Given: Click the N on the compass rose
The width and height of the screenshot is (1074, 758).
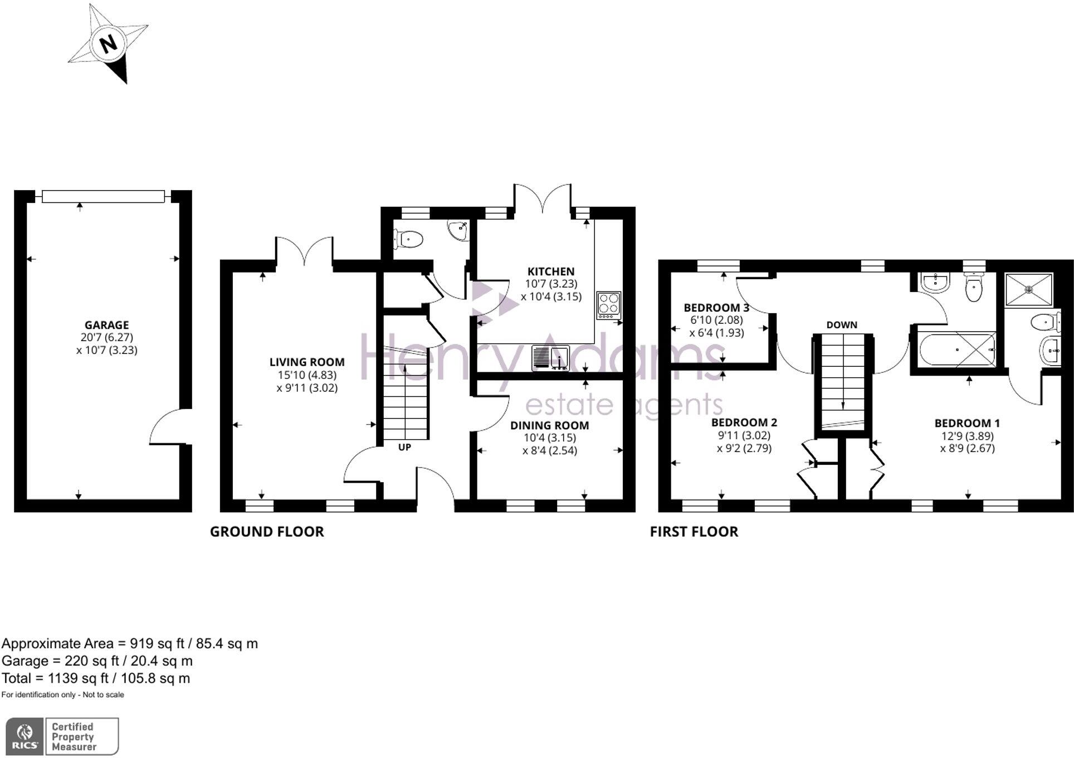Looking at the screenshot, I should coord(109,43).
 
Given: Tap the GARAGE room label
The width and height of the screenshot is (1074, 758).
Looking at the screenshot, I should coord(106,325).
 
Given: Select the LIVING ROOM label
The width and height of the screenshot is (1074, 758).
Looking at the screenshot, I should coord(307,362).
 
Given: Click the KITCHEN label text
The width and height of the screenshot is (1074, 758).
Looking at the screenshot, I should coord(551,271).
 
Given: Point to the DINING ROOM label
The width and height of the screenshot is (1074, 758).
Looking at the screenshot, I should coord(550,425).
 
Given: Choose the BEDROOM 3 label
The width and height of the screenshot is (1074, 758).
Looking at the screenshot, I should coord(716,308).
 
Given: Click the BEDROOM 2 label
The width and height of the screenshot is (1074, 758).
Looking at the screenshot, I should coord(744,422).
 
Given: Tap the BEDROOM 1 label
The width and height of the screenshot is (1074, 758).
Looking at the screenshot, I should coord(967,423).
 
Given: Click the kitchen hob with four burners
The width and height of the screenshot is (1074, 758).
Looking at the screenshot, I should coord(608,305).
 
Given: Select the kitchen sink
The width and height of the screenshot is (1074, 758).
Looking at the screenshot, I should coord(550,357).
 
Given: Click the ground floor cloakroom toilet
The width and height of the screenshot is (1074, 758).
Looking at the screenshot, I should coord(408,240).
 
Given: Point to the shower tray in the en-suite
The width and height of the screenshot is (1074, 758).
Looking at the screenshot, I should coord(1029,289).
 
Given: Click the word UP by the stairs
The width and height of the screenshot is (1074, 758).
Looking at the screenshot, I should coord(404,447).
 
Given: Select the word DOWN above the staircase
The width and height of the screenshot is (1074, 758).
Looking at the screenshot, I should coord(842,325).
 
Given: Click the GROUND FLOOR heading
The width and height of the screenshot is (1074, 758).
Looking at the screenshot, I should coord(267,532).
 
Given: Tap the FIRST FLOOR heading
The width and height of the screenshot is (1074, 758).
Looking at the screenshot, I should coord(694,532).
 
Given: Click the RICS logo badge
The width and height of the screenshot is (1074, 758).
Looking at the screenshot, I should coord(25,736).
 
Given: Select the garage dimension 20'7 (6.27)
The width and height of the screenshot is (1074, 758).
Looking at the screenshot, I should coord(106,337).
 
